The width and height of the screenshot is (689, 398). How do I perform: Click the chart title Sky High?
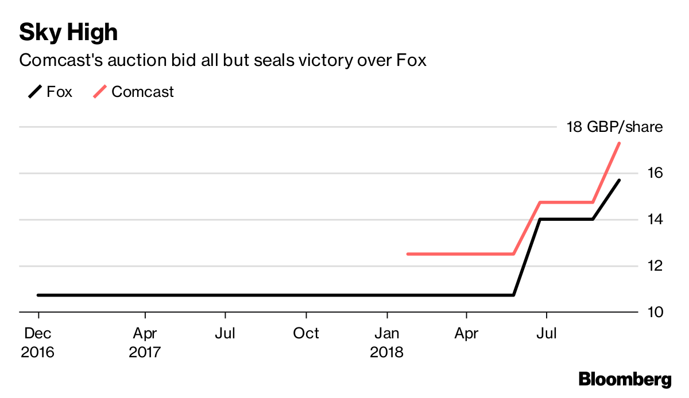pos(68,32)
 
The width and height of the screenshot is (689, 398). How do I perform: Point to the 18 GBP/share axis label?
pos(614,127)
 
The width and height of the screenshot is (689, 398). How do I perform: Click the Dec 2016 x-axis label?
pos(38,342)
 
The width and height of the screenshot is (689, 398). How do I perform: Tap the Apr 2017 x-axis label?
pos(145,342)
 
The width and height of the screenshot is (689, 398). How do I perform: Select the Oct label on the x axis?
pos(306,333)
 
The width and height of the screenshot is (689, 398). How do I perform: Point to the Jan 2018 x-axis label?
pos(387,342)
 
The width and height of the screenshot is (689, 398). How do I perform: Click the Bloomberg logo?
pos(625,379)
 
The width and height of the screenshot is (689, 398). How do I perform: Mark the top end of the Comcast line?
pos(619,143)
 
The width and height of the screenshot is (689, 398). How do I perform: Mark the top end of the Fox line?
pos(619,180)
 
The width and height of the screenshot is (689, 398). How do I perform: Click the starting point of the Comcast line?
pos(407,253)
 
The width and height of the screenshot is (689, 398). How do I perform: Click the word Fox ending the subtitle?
pos(411,60)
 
